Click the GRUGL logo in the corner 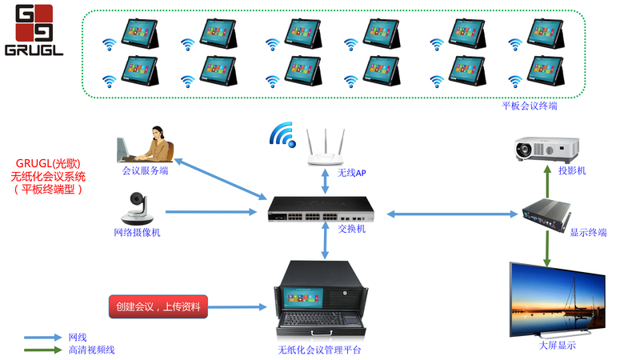(x=34, y=30)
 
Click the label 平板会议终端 (x=529, y=106)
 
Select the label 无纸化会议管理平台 (x=323, y=350)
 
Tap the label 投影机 (x=571, y=170)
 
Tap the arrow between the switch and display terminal (x=452, y=214)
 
